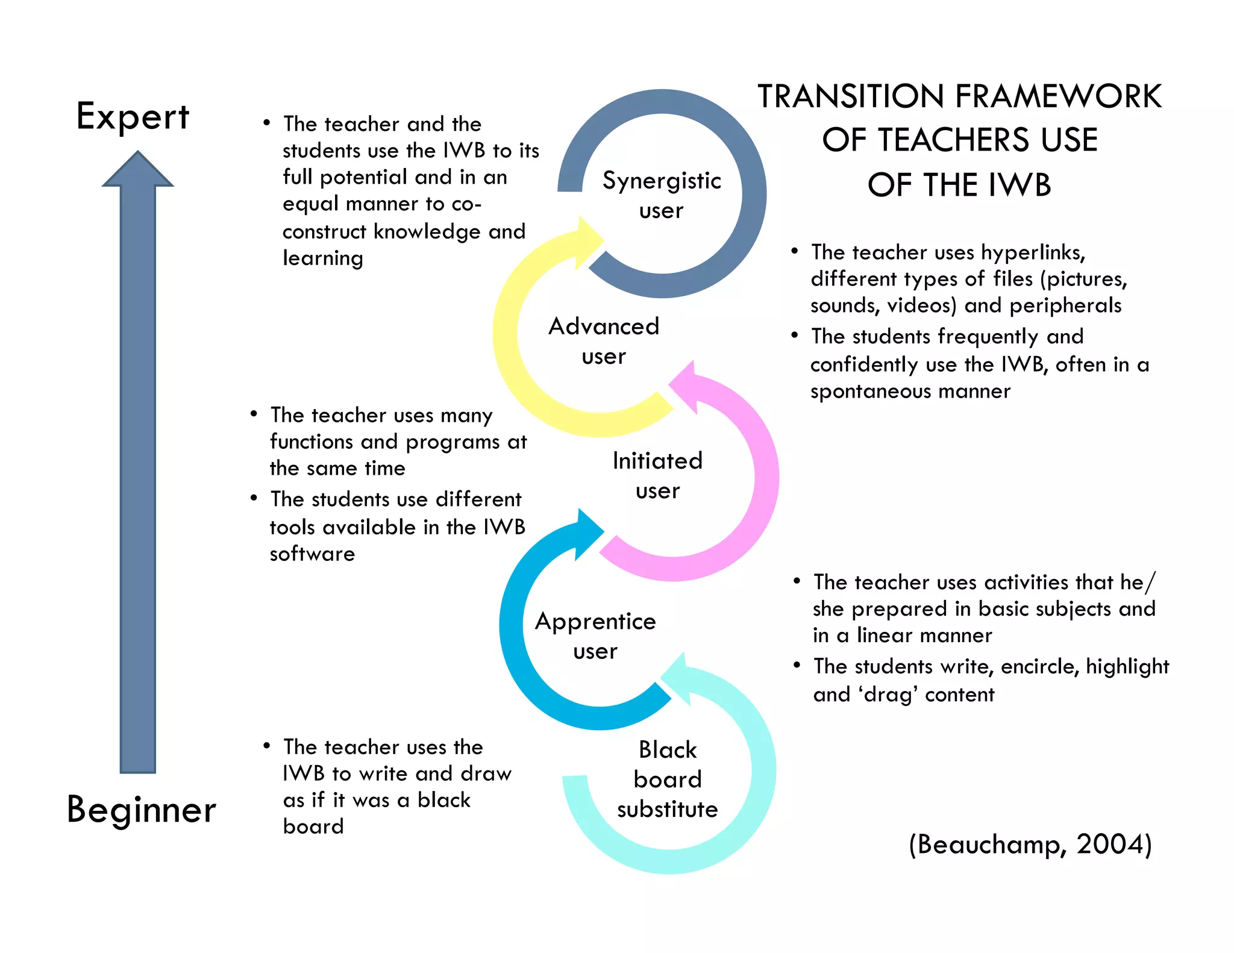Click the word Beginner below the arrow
coord(141,810)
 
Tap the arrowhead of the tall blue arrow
coord(138,170)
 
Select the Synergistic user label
coord(662,195)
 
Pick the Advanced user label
coord(604,341)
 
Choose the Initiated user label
coord(657,475)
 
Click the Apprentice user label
coord(595,636)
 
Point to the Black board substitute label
coord(668,780)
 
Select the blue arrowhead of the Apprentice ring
coord(587,533)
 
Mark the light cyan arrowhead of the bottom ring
coord(677,678)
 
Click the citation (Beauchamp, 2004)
coord(1030,845)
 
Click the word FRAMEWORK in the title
coord(1058,97)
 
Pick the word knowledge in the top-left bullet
coord(427,232)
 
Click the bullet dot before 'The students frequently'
coord(795,335)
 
